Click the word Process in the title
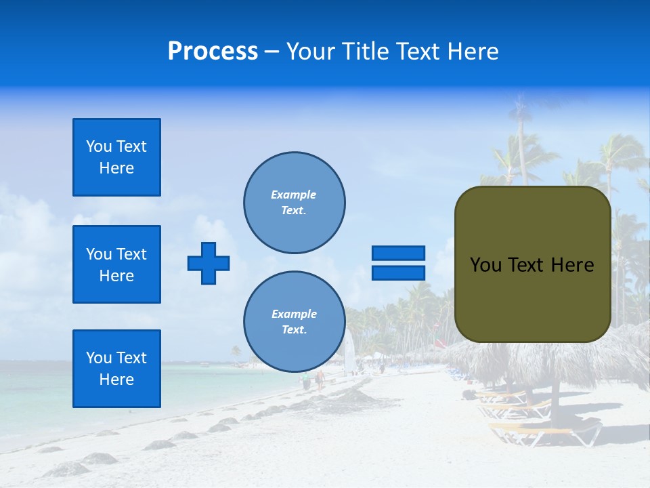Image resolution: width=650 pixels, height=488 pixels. click(213, 52)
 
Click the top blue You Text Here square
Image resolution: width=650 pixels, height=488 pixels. click(116, 157)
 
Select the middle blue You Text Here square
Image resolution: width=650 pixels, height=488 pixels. click(116, 264)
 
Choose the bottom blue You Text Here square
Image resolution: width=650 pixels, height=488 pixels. click(116, 369)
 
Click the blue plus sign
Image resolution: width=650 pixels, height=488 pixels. click(209, 263)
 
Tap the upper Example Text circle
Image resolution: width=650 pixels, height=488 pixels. click(295, 202)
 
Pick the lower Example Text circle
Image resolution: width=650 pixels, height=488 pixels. click(295, 321)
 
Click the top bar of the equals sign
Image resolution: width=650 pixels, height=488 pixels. click(398, 253)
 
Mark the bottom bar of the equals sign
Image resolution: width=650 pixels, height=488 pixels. click(398, 273)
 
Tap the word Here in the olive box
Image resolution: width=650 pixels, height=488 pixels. click(572, 265)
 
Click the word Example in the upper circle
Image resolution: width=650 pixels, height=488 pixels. click(293, 195)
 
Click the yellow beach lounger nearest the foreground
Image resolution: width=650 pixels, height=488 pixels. click(542, 430)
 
